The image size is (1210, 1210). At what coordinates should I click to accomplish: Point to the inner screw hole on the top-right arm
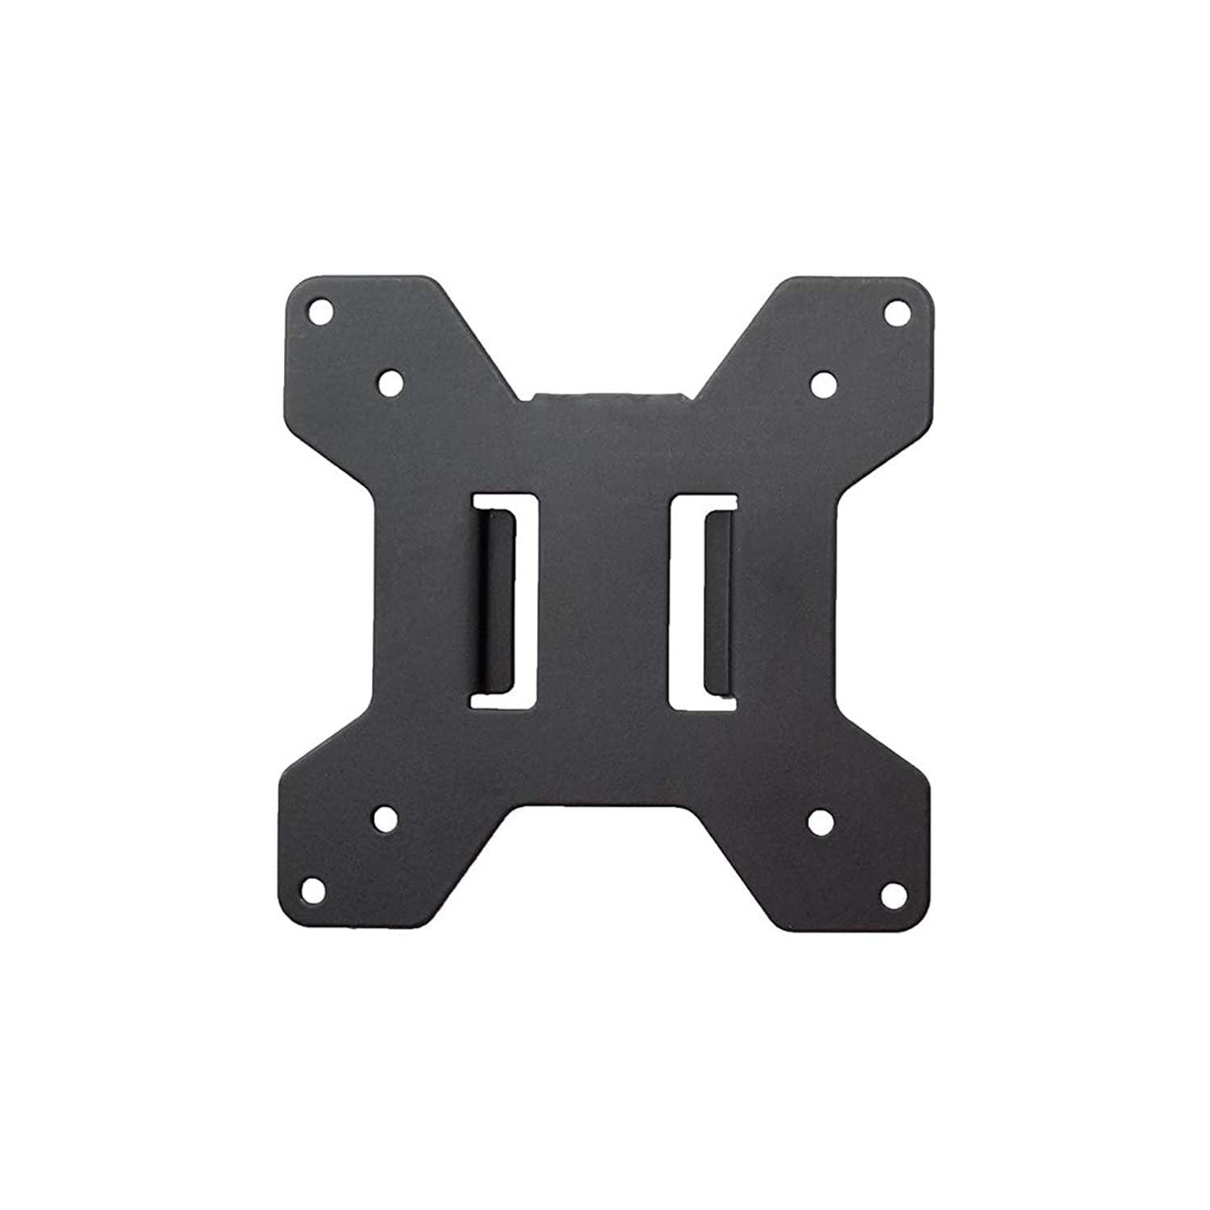[x=823, y=382]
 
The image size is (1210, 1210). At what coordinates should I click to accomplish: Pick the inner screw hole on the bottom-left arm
[x=386, y=820]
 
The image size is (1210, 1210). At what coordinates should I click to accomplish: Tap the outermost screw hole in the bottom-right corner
[x=891, y=893]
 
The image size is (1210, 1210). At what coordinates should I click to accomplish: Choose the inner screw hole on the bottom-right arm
[x=820, y=821]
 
